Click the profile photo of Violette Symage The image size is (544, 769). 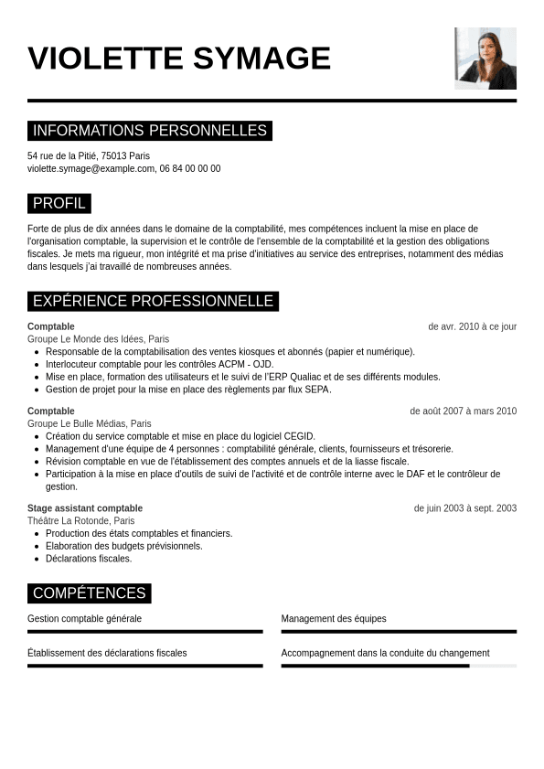(x=485, y=58)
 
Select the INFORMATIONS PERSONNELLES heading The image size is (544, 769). (x=150, y=131)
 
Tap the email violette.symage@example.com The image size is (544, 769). (x=91, y=169)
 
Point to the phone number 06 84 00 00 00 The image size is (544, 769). (x=190, y=169)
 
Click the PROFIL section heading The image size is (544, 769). (x=59, y=203)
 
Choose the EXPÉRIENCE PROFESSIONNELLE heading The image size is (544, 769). (x=153, y=301)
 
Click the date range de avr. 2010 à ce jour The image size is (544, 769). (x=472, y=326)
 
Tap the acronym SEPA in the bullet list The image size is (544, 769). (x=316, y=390)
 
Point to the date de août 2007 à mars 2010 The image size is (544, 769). (x=463, y=411)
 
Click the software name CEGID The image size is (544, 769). (x=298, y=436)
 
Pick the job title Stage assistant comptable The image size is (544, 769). (x=85, y=508)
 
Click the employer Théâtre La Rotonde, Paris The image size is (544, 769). (x=80, y=520)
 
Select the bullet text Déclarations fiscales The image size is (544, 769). (x=89, y=559)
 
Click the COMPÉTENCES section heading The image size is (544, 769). (x=89, y=593)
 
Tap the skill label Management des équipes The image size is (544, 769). (x=334, y=619)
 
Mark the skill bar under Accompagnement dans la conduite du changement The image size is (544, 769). (x=399, y=666)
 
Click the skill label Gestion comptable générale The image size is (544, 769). (x=84, y=619)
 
